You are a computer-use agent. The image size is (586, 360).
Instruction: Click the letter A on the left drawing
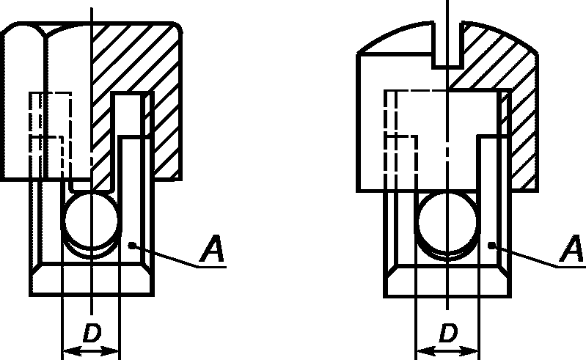tap(212, 249)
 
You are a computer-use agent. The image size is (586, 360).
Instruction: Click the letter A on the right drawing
tap(572, 249)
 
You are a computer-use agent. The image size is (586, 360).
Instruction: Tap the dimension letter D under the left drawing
tap(92, 333)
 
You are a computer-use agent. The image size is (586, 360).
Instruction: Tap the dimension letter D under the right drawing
tap(448, 333)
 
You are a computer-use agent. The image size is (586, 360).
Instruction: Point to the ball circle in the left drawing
tap(66, 221)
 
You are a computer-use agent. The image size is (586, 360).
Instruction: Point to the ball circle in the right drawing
tap(420, 222)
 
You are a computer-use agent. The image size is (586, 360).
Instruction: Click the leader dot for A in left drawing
tap(131, 246)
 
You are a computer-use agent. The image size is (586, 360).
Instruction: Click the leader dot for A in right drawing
tap(492, 246)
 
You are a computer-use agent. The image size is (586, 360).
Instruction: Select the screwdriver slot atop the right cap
tap(447, 45)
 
